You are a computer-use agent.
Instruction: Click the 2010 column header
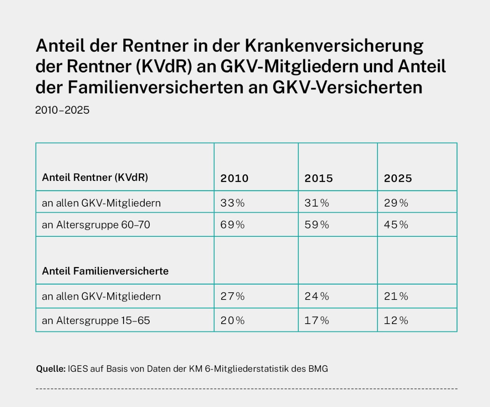pos(234,178)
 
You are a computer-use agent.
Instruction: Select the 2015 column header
pos(318,178)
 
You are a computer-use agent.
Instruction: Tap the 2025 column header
pos(398,178)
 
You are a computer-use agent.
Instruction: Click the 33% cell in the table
pos(232,203)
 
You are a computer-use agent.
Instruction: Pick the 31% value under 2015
pos(317,203)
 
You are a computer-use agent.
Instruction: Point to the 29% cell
pos(396,203)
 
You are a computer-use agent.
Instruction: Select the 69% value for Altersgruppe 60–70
pos(232,225)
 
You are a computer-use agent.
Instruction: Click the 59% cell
pos(317,225)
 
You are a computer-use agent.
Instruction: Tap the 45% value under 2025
pos(396,225)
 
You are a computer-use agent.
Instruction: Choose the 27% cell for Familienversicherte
pos(232,296)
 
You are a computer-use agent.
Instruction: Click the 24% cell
pos(317,296)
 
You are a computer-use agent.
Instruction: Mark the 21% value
pos(396,296)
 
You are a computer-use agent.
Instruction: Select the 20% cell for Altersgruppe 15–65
pos(232,320)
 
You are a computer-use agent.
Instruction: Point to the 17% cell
pos(317,320)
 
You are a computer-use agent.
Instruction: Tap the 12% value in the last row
pos(396,320)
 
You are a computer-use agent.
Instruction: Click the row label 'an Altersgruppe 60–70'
pos(96,225)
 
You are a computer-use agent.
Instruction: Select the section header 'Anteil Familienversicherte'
pos(105,271)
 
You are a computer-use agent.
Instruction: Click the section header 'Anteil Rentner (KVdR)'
pos(95,177)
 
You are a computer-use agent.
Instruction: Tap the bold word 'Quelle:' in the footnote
pos(51,369)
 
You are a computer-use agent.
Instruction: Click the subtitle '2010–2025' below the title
pos(62,110)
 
